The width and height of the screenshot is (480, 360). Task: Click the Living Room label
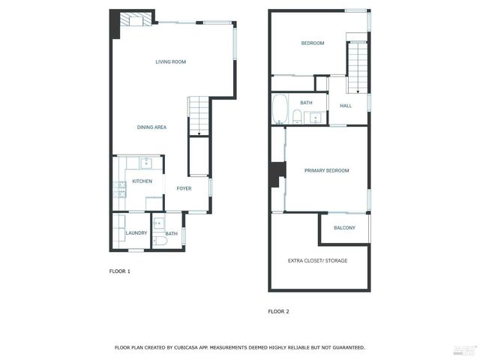(171, 61)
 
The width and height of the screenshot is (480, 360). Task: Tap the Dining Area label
(151, 127)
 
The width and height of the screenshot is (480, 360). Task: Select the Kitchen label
(142, 181)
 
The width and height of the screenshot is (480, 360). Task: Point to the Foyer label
(184, 188)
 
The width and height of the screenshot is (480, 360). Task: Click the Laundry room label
(136, 233)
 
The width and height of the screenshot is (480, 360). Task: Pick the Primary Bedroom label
(327, 170)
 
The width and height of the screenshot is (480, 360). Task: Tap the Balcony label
(344, 228)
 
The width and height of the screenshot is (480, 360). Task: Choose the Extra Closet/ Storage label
(317, 261)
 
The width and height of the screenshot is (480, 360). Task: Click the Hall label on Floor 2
(346, 106)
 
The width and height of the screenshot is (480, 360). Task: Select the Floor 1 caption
(120, 271)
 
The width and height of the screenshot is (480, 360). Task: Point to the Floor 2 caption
(278, 312)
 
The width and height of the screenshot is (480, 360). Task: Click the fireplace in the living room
(136, 19)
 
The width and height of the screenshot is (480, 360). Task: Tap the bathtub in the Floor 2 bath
(280, 109)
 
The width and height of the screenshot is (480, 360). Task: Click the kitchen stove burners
(120, 190)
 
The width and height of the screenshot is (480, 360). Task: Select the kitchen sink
(146, 163)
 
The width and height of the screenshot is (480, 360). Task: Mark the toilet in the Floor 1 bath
(160, 241)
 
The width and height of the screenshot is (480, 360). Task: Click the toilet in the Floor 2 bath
(297, 117)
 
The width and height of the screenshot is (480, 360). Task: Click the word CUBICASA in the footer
(186, 348)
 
